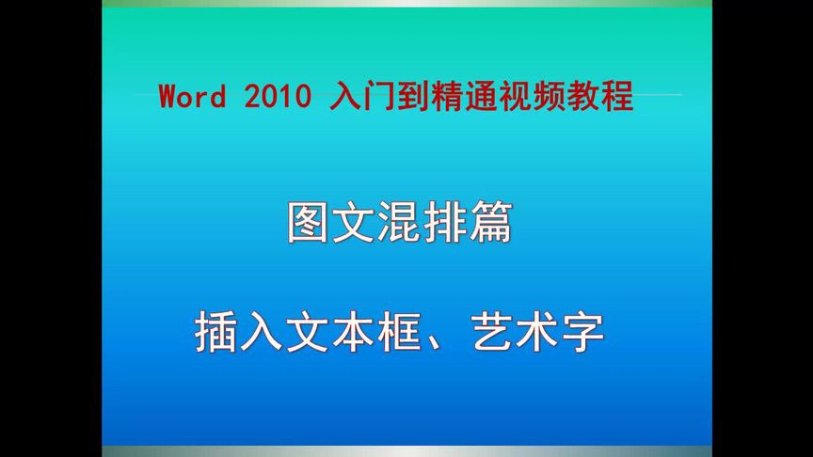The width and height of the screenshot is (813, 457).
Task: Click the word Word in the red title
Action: (192, 96)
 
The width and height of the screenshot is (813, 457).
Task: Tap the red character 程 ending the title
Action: (620, 96)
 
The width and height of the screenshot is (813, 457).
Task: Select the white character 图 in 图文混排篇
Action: (310, 224)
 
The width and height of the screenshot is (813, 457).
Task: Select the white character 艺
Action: (489, 332)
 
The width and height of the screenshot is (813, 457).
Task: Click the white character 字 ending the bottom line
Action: (580, 332)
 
